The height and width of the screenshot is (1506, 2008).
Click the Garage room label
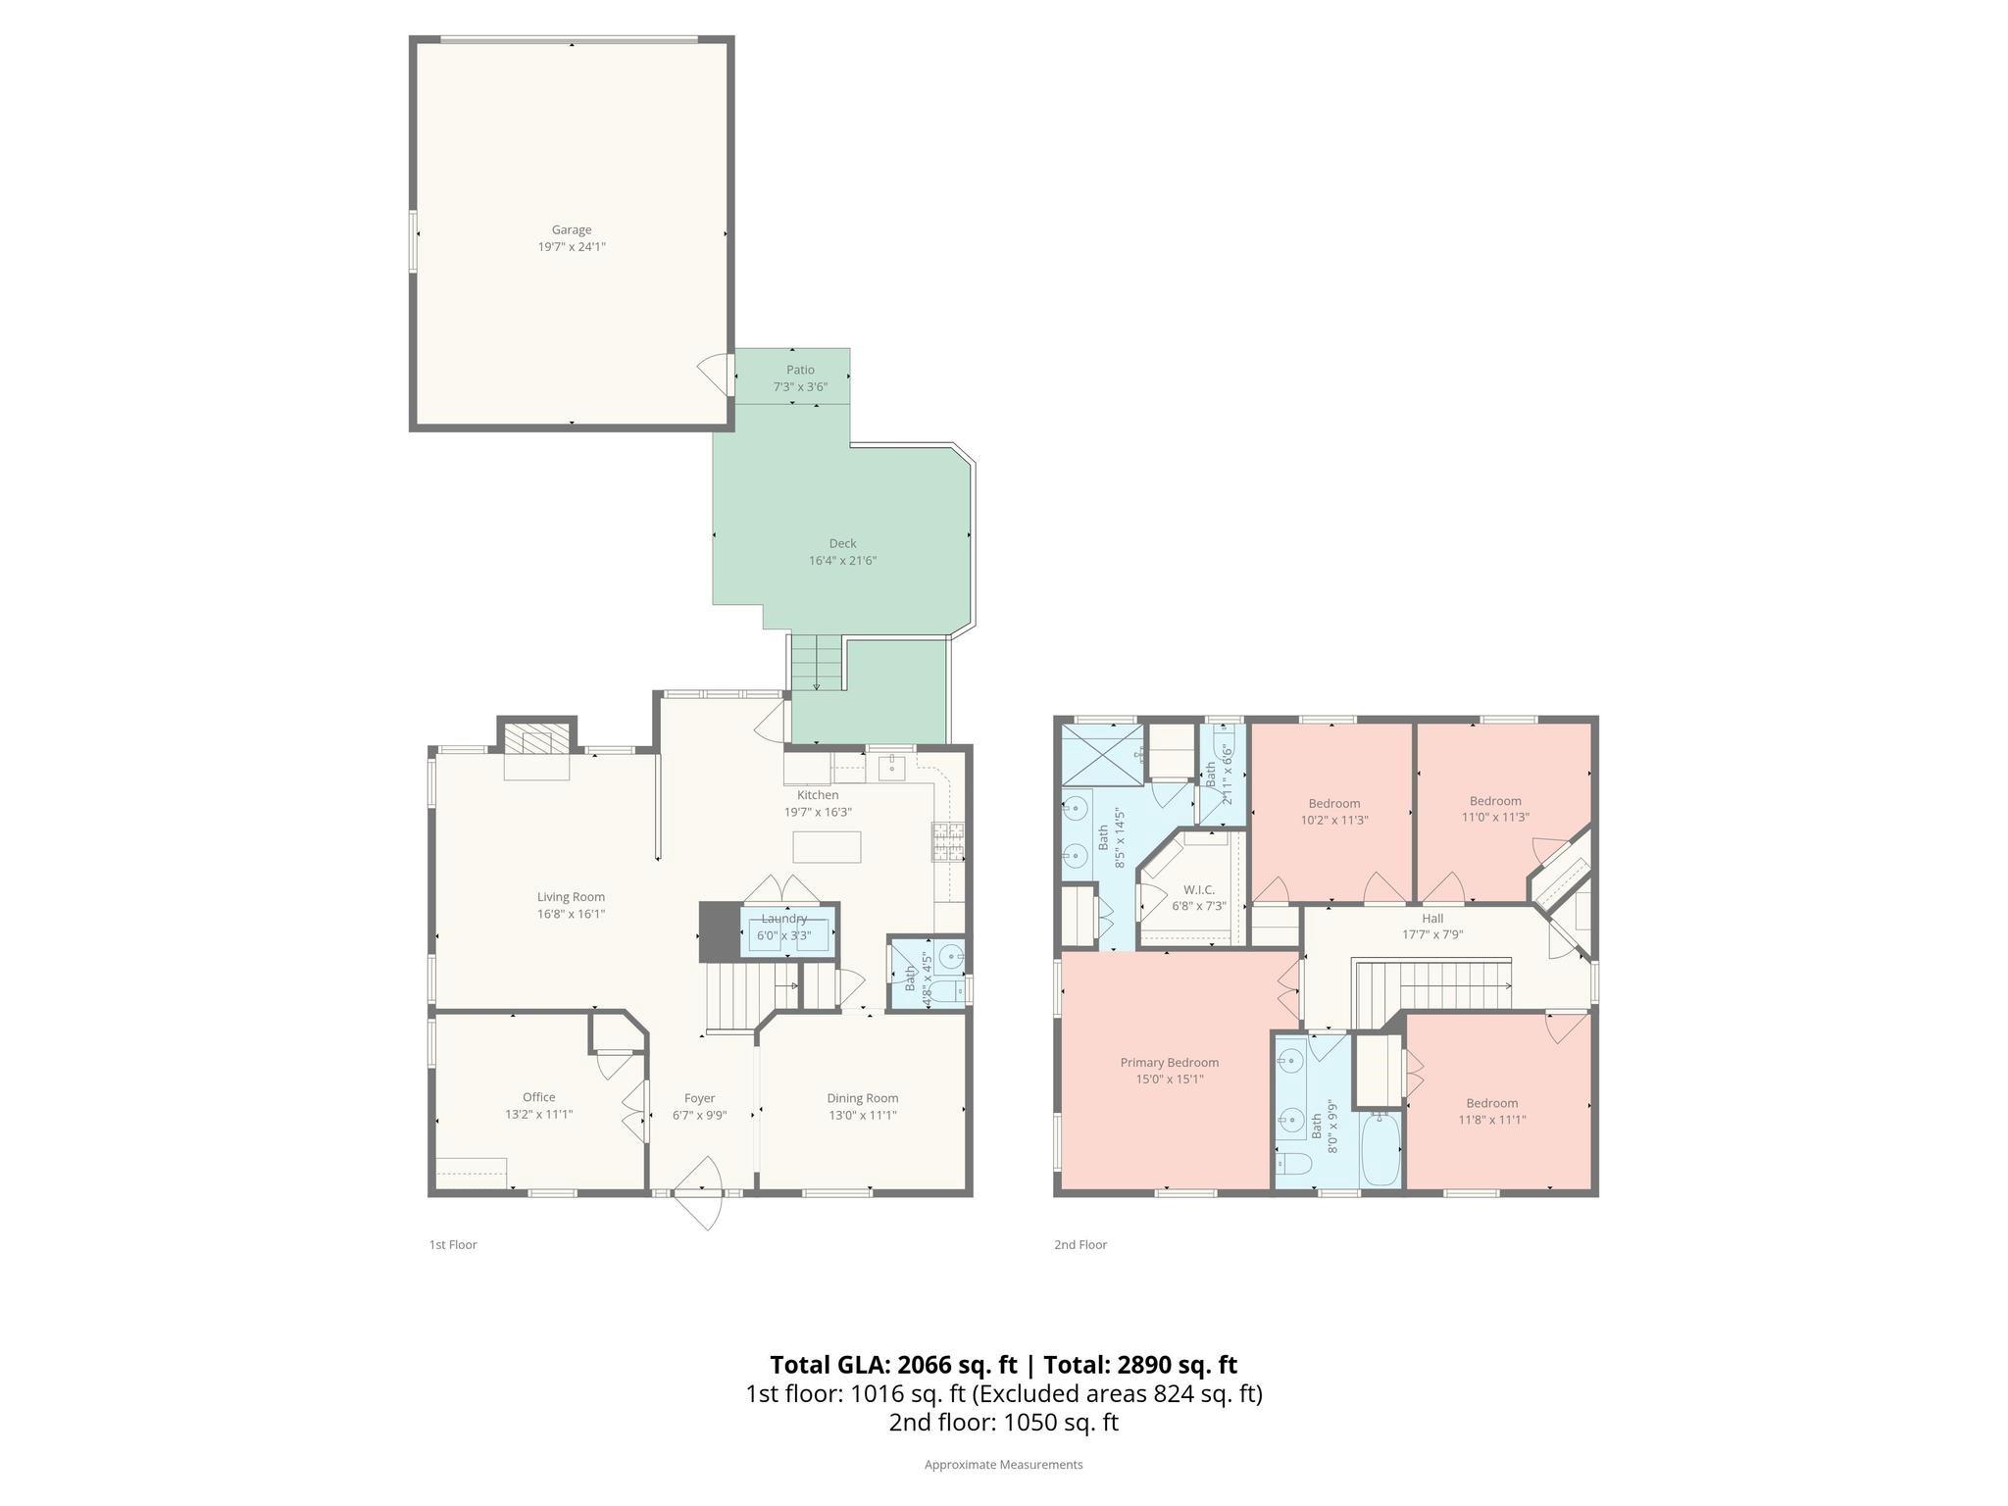point(571,230)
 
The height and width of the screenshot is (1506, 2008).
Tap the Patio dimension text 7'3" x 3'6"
point(800,387)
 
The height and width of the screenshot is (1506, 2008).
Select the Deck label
point(842,543)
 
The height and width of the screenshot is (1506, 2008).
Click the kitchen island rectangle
point(827,846)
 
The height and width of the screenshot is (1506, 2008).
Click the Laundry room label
point(784,919)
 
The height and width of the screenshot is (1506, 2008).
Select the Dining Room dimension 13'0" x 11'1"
point(862,1115)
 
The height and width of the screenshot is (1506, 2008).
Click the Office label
point(538,1097)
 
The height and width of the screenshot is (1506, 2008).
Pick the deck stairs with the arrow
point(817,663)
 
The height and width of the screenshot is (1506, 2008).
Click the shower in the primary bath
point(1103,754)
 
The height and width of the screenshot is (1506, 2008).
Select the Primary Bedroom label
point(1170,1063)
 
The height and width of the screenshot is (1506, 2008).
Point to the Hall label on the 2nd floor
point(1432,919)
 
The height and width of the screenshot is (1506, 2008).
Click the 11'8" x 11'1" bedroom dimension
point(1492,1120)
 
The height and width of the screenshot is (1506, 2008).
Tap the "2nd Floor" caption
point(1080,1244)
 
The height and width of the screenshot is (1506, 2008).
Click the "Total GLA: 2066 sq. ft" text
point(893,1365)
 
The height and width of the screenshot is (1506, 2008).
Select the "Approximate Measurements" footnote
point(1003,1465)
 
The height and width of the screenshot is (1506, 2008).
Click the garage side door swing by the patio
point(714,373)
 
